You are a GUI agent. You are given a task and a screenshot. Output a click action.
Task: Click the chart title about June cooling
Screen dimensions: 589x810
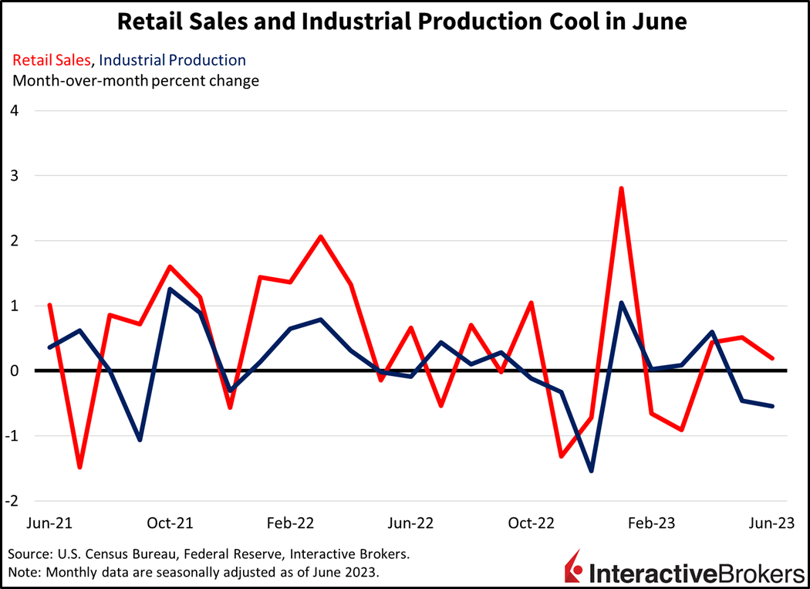(402, 22)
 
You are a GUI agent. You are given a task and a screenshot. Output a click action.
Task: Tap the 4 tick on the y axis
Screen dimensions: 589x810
(14, 110)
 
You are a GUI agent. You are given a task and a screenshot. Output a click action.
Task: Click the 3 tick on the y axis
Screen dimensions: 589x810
(14, 176)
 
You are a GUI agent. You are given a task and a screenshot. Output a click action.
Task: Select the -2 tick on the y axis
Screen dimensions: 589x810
(12, 500)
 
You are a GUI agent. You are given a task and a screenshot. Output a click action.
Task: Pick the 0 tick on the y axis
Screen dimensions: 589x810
(14, 371)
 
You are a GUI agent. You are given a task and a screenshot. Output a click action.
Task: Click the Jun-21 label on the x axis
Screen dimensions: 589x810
(49, 523)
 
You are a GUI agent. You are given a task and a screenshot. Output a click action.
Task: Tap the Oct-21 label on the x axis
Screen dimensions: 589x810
(170, 523)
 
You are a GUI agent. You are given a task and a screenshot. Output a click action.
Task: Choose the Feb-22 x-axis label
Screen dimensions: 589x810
(290, 523)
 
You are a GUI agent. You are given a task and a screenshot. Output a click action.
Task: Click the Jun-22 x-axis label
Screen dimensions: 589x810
(410, 523)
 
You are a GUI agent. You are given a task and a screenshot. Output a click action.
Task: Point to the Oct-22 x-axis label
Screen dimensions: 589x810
(532, 523)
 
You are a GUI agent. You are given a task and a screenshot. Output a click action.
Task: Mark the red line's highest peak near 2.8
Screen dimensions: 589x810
(621, 188)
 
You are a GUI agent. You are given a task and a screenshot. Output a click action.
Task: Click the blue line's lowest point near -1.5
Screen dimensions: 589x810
(591, 471)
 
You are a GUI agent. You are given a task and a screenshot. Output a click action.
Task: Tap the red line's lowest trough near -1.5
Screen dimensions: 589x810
(79, 467)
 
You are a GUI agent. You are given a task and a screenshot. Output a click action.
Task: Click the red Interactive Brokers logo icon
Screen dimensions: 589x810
(574, 567)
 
